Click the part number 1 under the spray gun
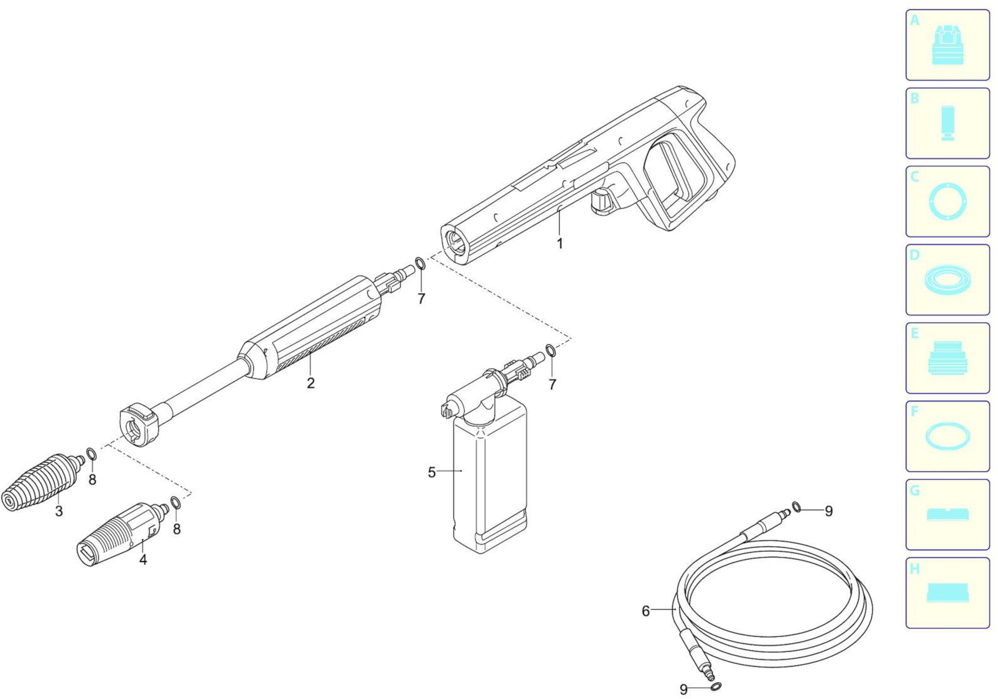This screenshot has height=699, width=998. (560, 244)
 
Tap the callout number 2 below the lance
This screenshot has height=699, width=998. (310, 383)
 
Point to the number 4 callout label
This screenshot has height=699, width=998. (143, 560)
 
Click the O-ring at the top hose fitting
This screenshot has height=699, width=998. (796, 507)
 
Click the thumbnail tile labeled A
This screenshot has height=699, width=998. (948, 45)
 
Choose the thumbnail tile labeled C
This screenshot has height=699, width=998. (948, 201)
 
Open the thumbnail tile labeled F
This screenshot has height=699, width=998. (948, 436)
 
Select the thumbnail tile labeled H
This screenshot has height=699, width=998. (948, 593)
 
